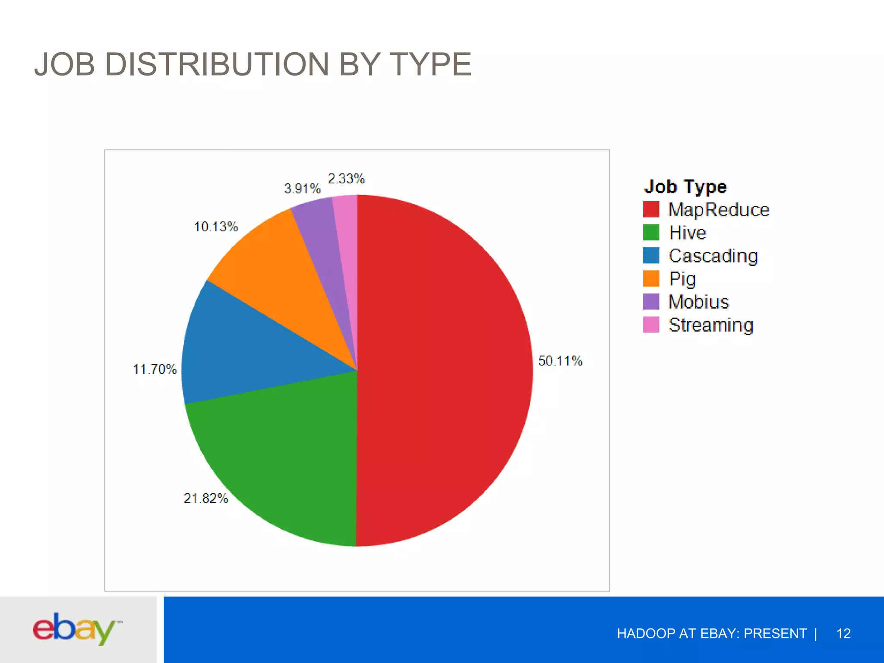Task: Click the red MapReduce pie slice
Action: click(445, 371)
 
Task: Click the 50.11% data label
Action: click(560, 361)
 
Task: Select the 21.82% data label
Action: click(205, 499)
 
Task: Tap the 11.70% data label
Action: click(155, 369)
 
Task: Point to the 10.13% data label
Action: click(216, 227)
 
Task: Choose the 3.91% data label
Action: click(302, 189)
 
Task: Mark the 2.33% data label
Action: click(346, 179)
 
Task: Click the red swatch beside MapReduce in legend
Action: click(651, 209)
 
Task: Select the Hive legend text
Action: click(687, 233)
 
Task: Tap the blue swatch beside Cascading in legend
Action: click(651, 256)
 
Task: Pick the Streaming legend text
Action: click(710, 325)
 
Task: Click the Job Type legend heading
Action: click(685, 186)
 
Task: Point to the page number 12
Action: click(843, 633)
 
